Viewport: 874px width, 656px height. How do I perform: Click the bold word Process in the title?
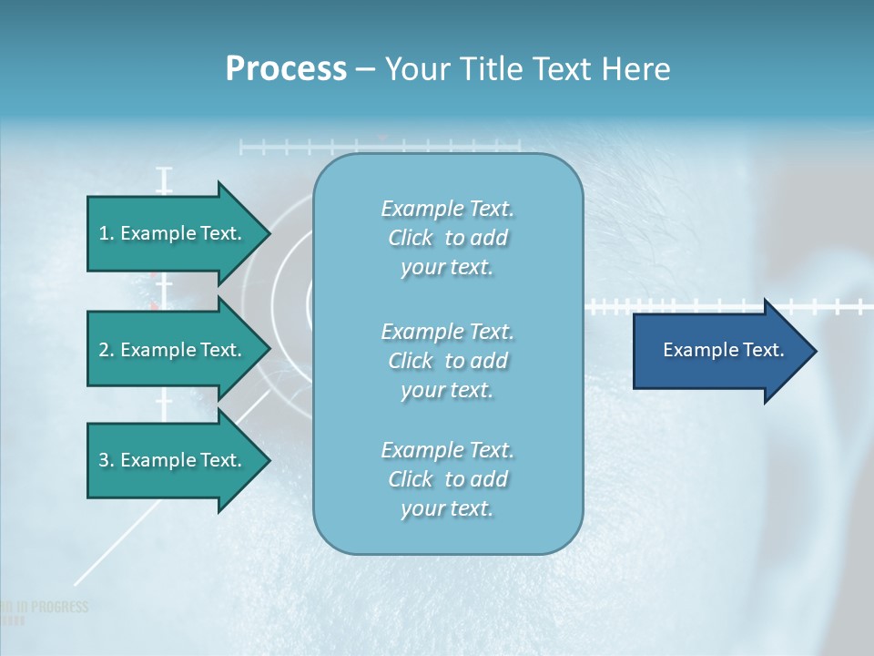(286, 69)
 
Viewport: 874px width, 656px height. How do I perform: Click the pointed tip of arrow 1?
(268, 233)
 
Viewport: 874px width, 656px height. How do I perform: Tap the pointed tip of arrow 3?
(268, 460)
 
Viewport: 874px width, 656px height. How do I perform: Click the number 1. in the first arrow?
(107, 233)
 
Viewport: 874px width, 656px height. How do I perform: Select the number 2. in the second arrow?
(107, 350)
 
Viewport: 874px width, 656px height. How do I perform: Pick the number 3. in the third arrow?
(107, 460)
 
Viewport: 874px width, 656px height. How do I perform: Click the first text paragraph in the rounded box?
(447, 238)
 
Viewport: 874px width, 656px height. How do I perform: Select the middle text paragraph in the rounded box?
(447, 361)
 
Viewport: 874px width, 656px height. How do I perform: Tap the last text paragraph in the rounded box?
(447, 479)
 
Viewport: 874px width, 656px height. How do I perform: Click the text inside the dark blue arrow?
(723, 350)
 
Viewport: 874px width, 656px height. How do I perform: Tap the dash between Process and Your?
(366, 69)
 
